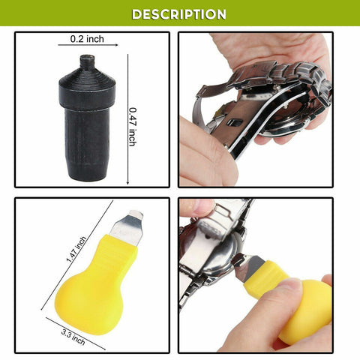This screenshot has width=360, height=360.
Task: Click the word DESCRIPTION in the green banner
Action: coord(178,14)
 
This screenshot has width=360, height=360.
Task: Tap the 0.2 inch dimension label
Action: coord(87,39)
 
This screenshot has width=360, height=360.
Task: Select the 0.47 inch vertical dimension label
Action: coord(133,127)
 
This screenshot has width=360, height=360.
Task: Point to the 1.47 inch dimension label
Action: coord(76,249)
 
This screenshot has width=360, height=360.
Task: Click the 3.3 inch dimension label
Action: coord(73,337)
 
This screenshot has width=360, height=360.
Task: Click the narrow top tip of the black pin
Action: coord(87,61)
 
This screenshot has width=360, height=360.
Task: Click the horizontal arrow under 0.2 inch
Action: coord(88,45)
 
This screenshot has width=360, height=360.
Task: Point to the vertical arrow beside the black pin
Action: coord(127,119)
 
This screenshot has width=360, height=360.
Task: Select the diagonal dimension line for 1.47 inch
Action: coord(77,255)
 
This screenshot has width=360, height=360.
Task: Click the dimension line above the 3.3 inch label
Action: coord(76,334)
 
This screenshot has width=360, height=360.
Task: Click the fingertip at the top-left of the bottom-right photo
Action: coord(197,208)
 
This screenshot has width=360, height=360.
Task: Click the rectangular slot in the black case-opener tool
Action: coord(235,122)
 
